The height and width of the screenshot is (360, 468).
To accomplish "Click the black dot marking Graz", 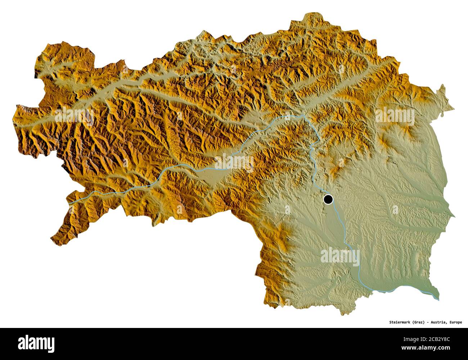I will (328, 199).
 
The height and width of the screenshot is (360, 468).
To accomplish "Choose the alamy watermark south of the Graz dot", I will (339, 256).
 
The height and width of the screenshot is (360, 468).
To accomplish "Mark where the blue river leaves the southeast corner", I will (438, 299).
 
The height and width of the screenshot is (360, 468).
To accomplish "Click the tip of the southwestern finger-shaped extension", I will (52, 238).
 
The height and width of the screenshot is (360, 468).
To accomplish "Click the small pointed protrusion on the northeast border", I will (442, 86).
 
